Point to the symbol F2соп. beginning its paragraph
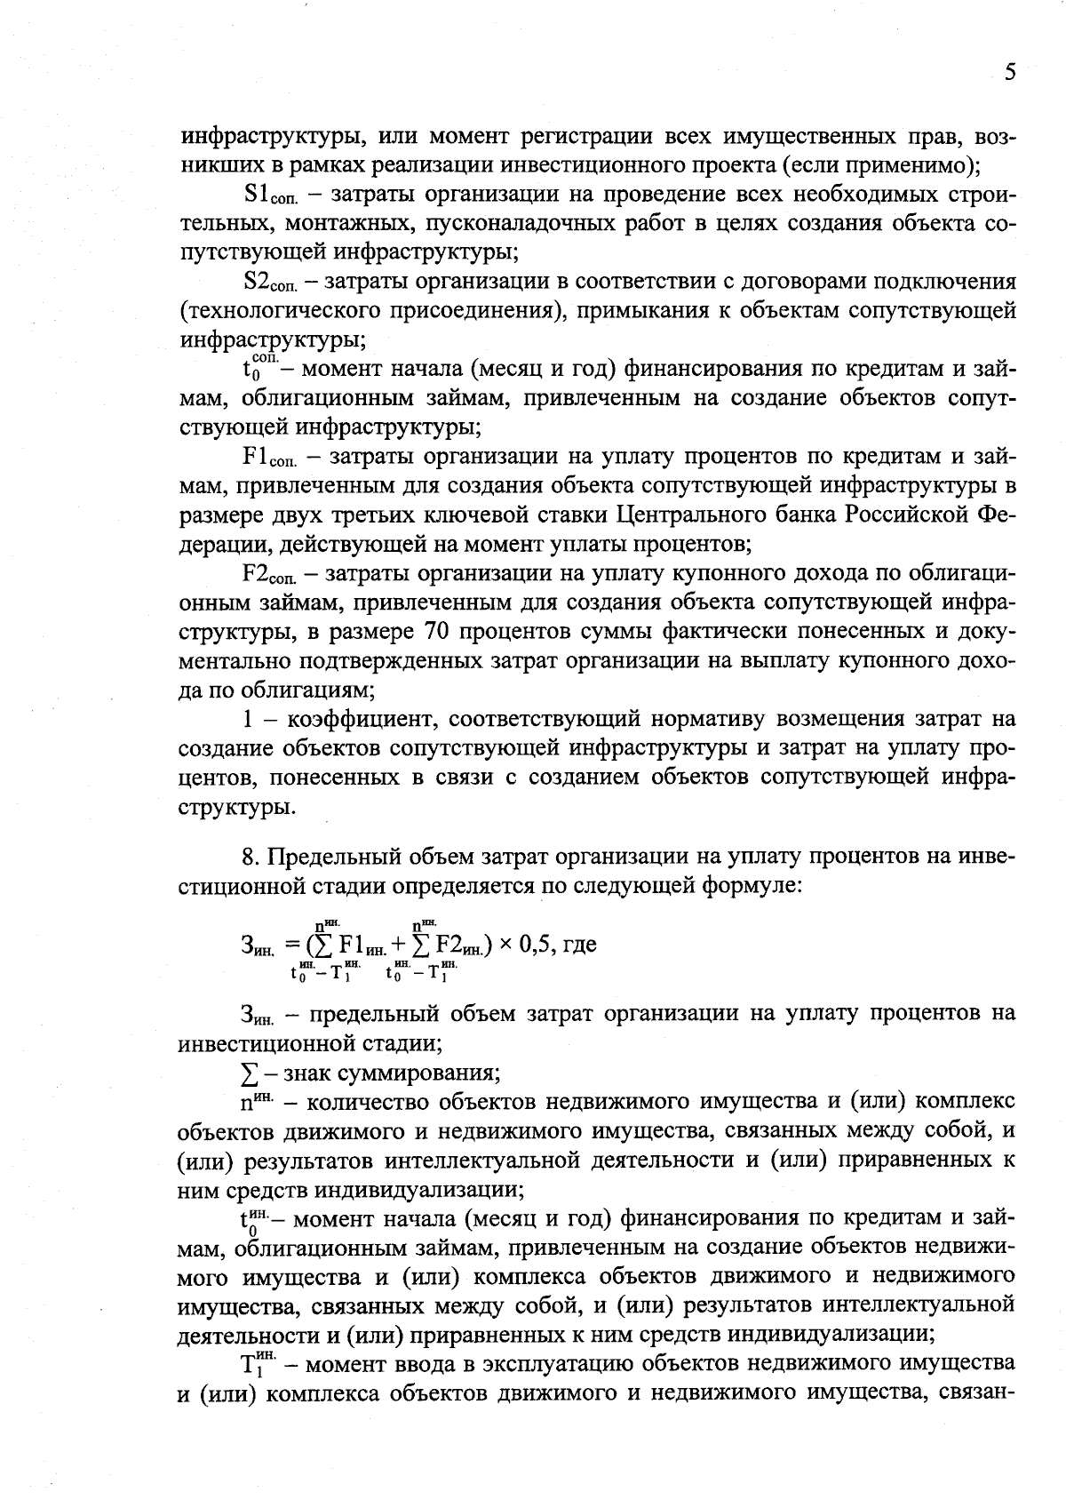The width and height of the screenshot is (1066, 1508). pyautogui.click(x=270, y=574)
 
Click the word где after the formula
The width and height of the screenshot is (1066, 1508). pyautogui.click(x=577, y=945)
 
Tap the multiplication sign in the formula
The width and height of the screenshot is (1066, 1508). pyautogui.click(x=505, y=945)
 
